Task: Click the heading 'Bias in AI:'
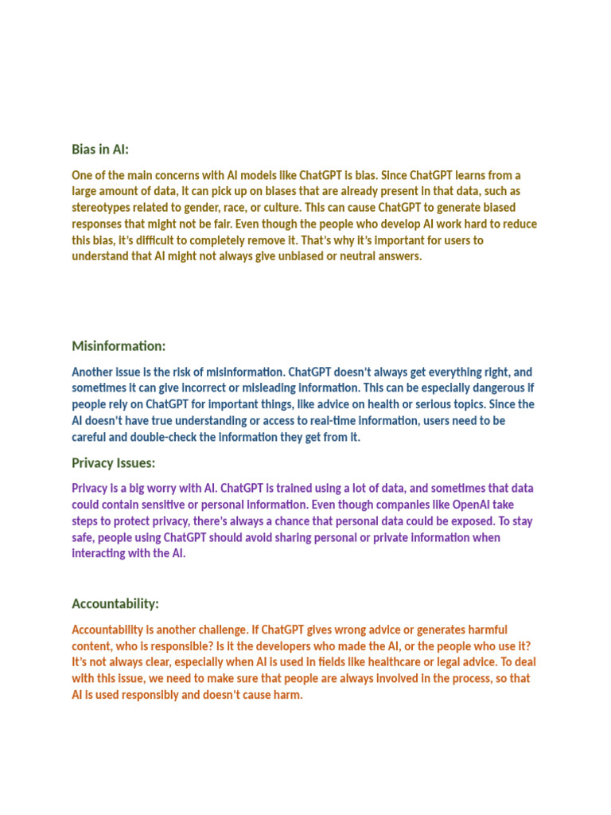point(100,150)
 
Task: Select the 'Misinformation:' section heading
point(119,346)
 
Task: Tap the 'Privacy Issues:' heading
point(114,463)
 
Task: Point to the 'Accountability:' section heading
point(115,603)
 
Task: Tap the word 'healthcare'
point(402,662)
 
